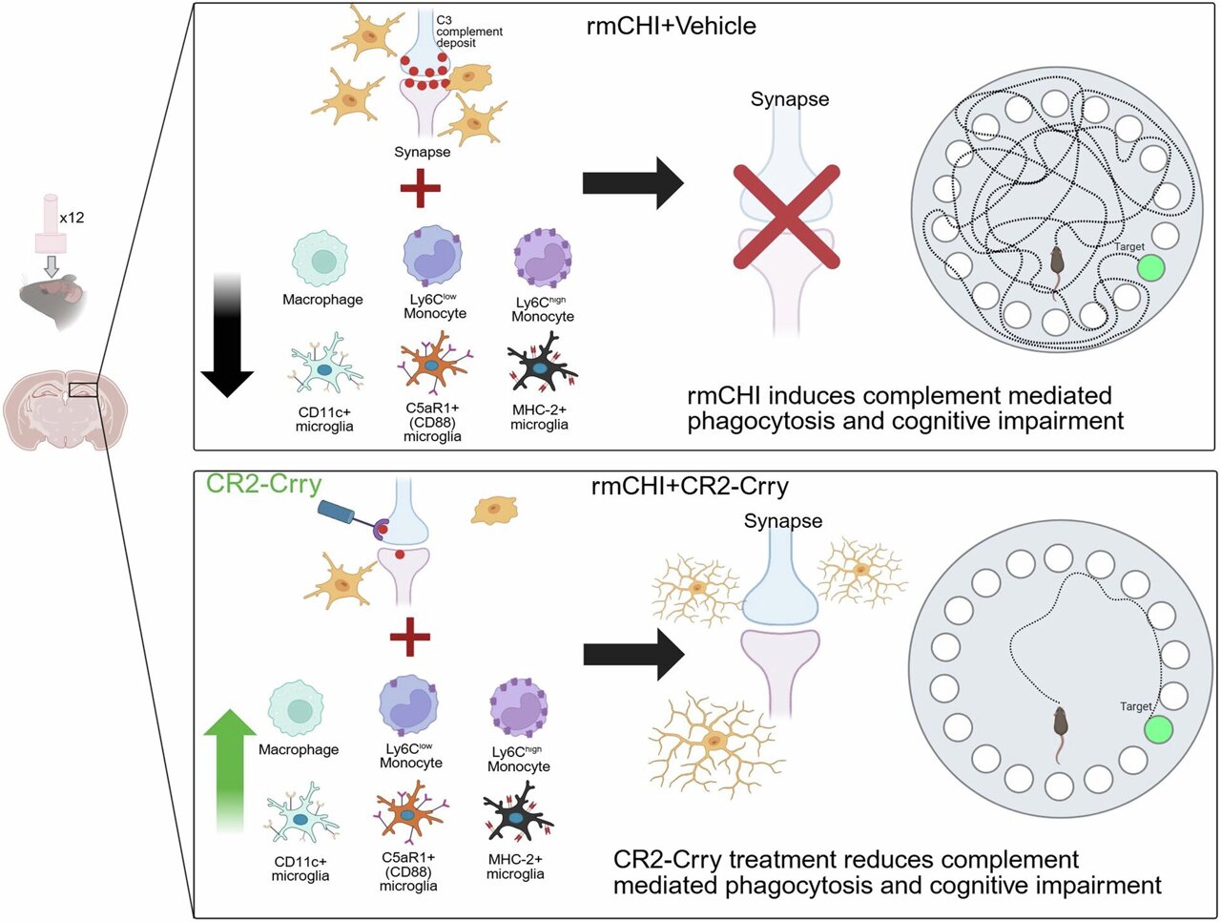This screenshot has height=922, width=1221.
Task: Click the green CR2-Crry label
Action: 264,484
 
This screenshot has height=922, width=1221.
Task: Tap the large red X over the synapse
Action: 787,216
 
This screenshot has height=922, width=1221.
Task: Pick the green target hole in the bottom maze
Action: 1157,730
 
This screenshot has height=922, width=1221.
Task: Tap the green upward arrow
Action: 231,767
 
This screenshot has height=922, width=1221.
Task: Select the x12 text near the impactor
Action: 72,218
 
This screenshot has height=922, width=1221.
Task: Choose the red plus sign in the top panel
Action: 420,187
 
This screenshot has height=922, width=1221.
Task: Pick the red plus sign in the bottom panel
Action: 410,637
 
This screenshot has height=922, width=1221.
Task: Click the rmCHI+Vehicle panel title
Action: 671,26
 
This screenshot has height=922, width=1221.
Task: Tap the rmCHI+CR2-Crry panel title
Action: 690,487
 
